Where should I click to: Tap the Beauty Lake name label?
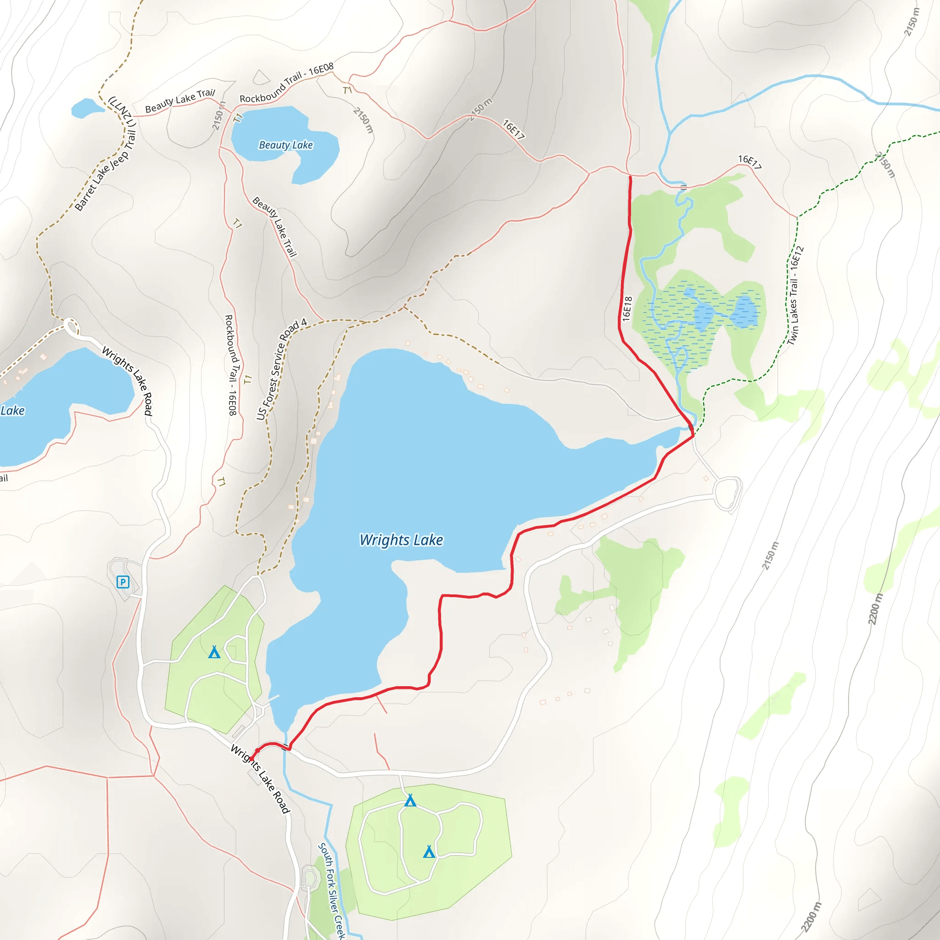(x=285, y=145)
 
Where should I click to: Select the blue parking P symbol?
(x=123, y=582)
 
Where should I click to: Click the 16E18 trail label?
(x=627, y=308)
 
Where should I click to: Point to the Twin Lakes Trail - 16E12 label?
(x=795, y=296)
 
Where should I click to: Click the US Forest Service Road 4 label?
(x=282, y=369)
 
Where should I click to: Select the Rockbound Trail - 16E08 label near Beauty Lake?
(x=286, y=83)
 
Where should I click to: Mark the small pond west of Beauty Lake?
(x=86, y=108)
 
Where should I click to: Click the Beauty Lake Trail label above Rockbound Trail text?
(x=179, y=100)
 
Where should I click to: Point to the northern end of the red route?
(x=630, y=178)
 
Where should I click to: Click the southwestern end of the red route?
(x=251, y=756)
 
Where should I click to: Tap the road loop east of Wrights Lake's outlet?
(x=728, y=494)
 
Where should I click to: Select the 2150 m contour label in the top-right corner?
(x=911, y=22)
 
